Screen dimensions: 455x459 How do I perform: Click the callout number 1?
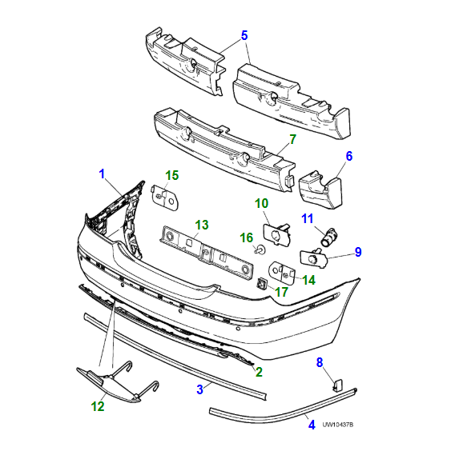[102, 174]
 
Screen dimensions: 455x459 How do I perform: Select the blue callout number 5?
[245, 35]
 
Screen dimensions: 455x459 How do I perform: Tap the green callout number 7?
[292, 139]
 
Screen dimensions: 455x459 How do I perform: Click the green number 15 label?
[172, 175]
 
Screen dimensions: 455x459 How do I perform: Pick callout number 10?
[262, 204]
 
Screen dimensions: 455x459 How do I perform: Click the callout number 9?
[358, 252]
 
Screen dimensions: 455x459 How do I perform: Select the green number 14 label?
[308, 280]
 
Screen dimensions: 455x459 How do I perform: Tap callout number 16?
[247, 237]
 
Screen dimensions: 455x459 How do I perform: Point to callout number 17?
[282, 292]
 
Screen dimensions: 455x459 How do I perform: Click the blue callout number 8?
[319, 363]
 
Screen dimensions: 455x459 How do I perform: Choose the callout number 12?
[98, 406]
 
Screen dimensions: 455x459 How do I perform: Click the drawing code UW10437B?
[337, 425]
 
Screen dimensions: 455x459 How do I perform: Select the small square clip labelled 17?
[262, 282]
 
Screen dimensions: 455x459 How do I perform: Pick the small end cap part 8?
[337, 385]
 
